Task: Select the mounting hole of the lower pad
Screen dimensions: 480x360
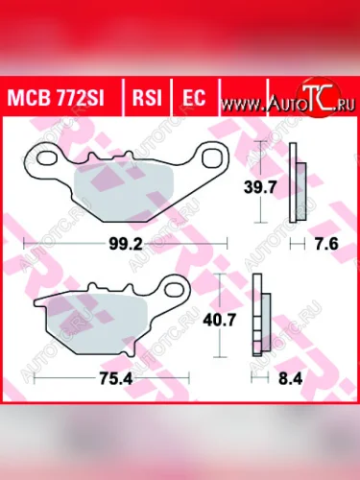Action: tap(173, 286)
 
